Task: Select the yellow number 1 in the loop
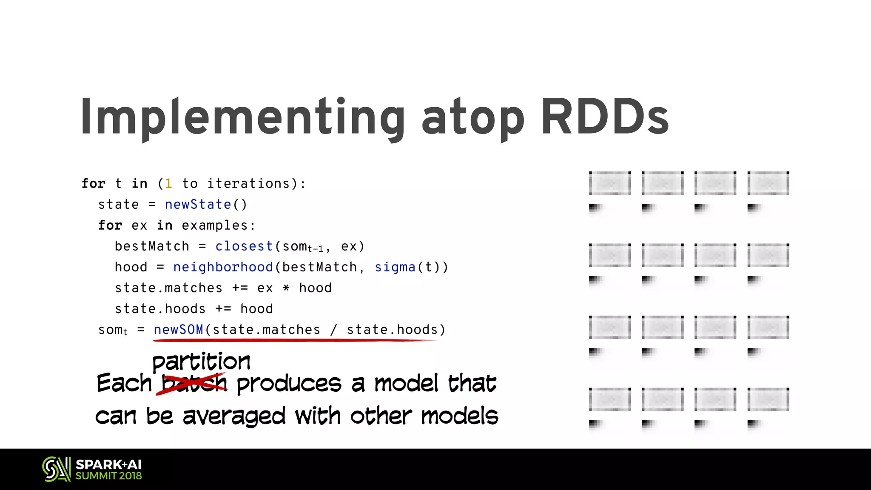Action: tap(168, 184)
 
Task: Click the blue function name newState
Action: tap(198, 205)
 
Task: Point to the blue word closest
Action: tap(244, 246)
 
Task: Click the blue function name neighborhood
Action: tap(223, 267)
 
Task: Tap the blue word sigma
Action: tap(395, 267)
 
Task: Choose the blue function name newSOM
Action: tap(178, 330)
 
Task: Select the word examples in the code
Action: tap(214, 225)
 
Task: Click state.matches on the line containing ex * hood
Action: tap(168, 288)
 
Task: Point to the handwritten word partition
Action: tap(201, 362)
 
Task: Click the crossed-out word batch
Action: tap(194, 383)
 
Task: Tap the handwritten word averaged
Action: tap(234, 416)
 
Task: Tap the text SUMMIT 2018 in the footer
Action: tap(108, 476)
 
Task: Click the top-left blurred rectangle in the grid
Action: tap(610, 183)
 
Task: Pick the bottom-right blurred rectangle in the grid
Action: tap(768, 400)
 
